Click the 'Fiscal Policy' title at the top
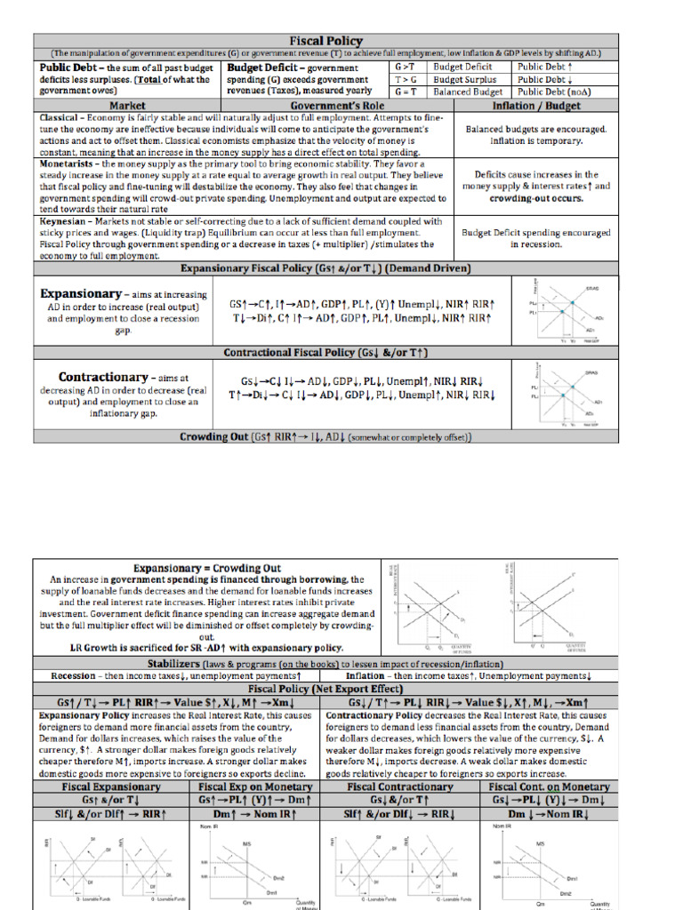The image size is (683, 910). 325,41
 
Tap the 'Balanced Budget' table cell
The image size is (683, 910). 468,92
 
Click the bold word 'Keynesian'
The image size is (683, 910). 66,221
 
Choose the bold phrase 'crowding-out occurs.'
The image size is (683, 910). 536,198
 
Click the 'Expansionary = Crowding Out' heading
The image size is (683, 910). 206,568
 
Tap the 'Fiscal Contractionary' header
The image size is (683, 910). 399,786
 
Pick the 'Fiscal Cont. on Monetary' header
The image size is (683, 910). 549,786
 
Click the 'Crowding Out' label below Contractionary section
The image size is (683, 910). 214,437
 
